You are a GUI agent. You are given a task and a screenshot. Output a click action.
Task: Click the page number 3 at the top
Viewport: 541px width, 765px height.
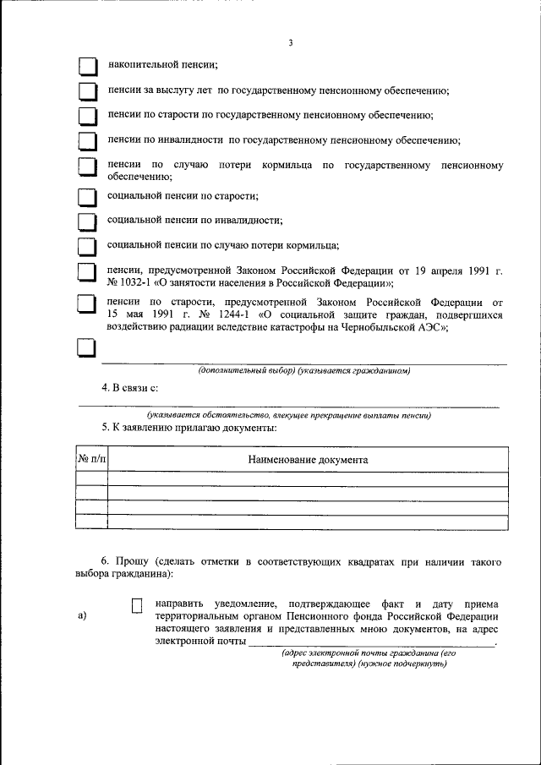[x=290, y=43]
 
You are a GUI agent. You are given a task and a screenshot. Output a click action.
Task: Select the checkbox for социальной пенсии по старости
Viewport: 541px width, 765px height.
[x=87, y=197]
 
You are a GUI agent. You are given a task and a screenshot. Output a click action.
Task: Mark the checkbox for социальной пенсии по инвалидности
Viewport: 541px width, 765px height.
[x=87, y=221]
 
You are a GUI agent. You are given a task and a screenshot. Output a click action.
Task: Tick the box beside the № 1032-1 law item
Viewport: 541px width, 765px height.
[x=87, y=271]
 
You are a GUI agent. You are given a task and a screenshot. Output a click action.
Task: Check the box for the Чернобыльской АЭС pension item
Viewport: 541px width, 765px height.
[x=87, y=304]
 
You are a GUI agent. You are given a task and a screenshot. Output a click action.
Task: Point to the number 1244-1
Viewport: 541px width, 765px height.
[x=223, y=314]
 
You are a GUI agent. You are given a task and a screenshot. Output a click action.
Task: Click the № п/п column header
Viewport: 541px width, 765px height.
[x=91, y=459]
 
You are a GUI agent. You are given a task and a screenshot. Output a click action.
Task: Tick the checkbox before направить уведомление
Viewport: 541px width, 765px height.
[x=138, y=605]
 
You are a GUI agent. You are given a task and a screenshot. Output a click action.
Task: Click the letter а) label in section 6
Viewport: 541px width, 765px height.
[x=82, y=615]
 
